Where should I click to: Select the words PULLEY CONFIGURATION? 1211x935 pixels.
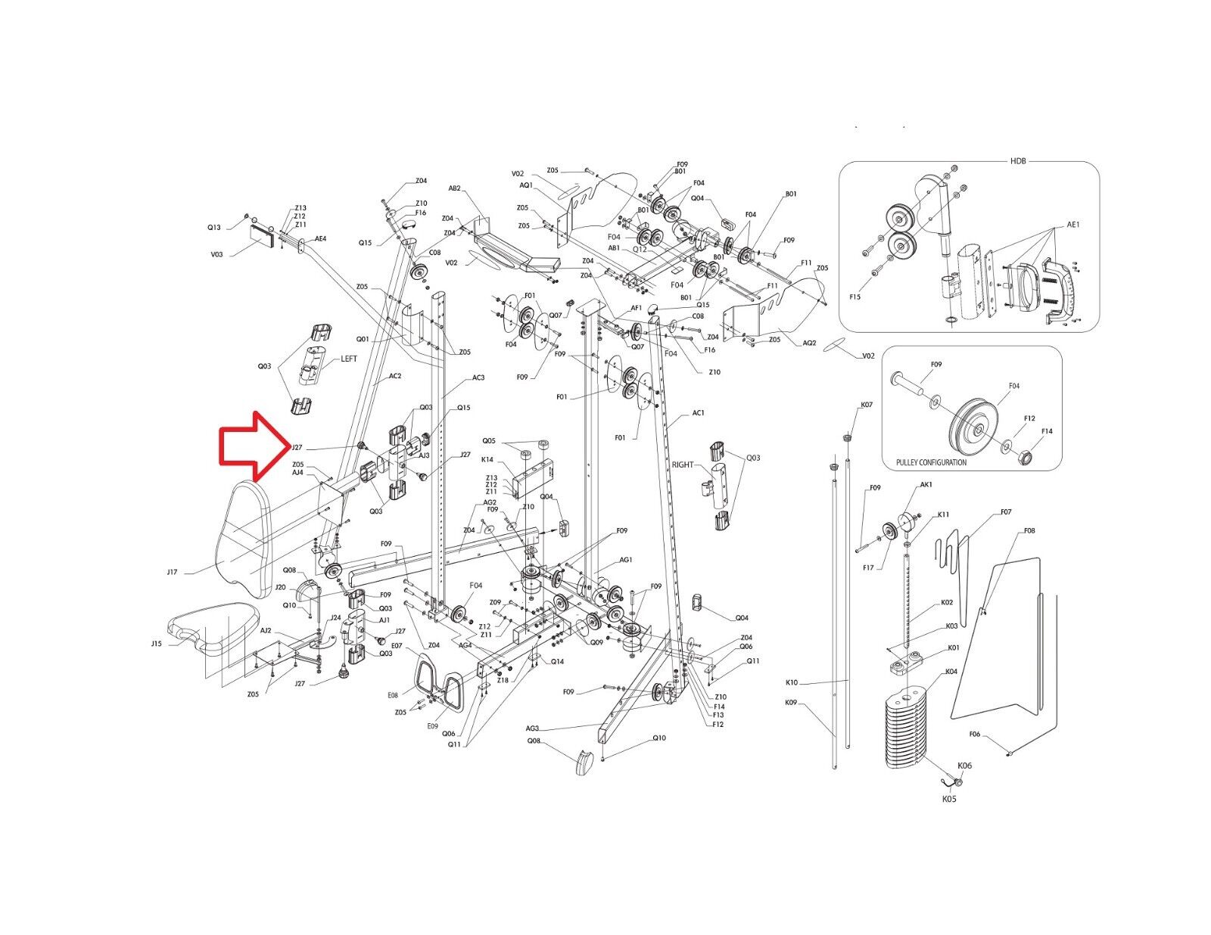(x=930, y=462)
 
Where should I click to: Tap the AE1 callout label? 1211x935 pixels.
(x=1072, y=225)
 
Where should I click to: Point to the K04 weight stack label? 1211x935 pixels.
(x=951, y=672)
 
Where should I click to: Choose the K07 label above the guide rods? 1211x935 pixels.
(x=867, y=405)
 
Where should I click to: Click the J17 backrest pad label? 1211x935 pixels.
(x=172, y=572)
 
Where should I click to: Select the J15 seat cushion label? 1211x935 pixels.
(x=156, y=644)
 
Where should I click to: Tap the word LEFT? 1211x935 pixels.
(x=348, y=359)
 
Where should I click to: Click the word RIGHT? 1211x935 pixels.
(x=682, y=464)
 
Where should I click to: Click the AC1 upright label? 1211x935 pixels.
(x=698, y=413)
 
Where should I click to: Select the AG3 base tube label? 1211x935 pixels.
(x=532, y=728)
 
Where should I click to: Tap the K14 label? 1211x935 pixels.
(x=487, y=460)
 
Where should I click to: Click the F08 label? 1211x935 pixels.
(x=1029, y=531)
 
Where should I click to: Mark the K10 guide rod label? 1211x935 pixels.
(x=792, y=684)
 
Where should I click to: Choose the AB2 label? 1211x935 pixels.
(x=455, y=188)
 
